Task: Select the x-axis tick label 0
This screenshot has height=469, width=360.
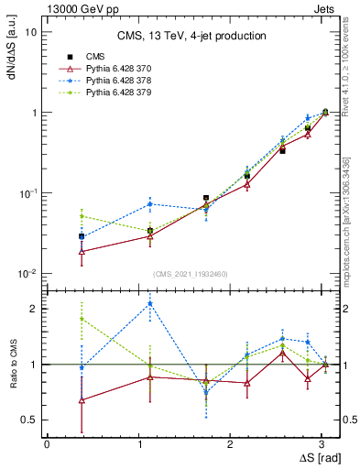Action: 47,443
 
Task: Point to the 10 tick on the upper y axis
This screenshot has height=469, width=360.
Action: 30,31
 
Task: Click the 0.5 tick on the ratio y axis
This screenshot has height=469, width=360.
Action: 28,420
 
